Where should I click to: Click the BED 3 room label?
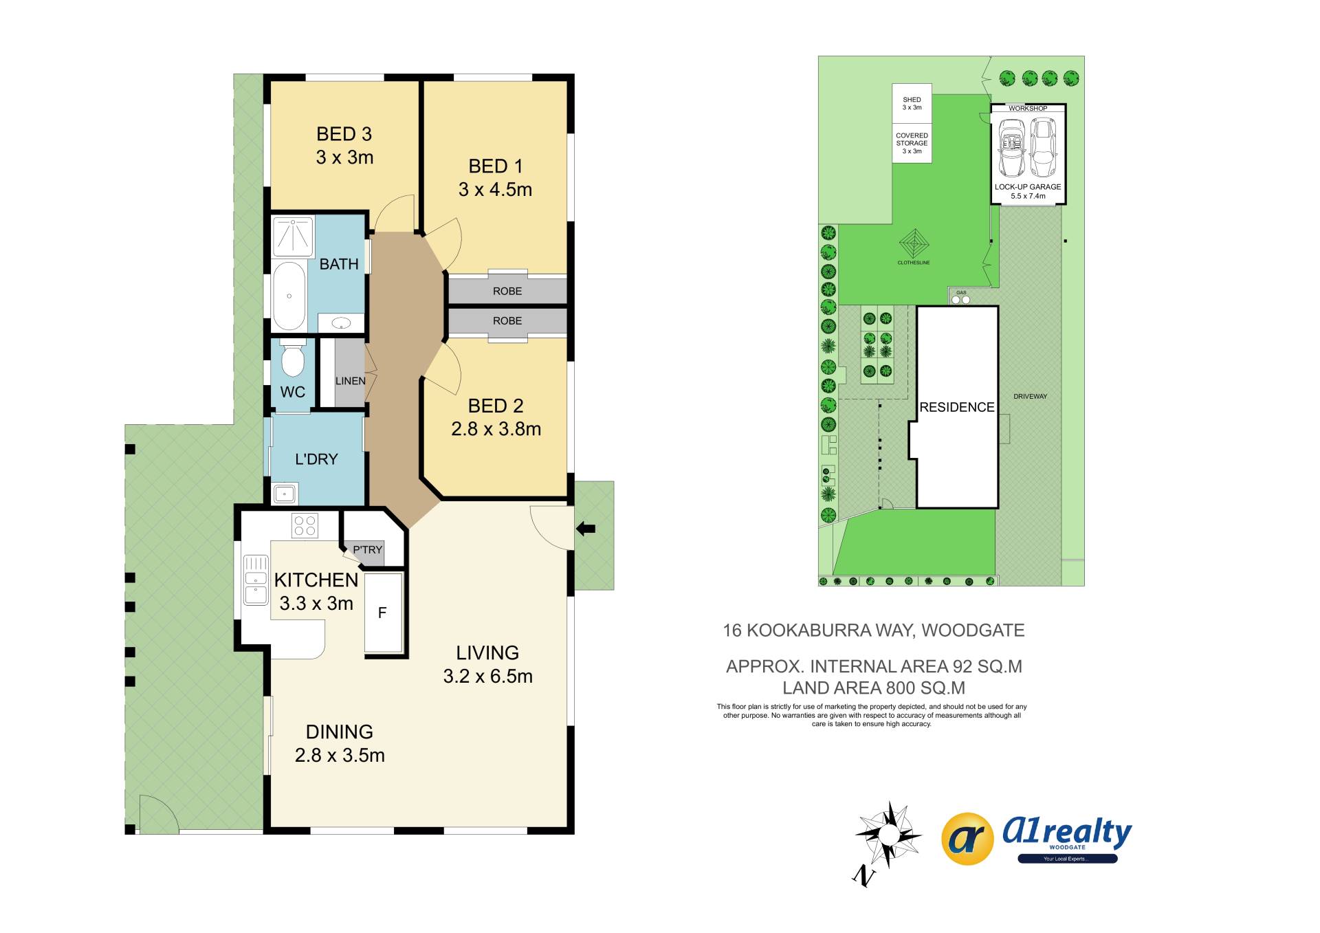[344, 134]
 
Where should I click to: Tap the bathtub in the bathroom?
[289, 296]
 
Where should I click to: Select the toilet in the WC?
[293, 358]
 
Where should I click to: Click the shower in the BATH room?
[294, 236]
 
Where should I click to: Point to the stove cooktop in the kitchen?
[305, 526]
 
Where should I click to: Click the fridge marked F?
[383, 612]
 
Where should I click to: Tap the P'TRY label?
[367, 550]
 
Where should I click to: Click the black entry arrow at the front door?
[586, 529]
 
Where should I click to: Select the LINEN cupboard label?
[350, 381]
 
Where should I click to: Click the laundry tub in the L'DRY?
[285, 493]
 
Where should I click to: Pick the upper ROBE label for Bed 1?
[507, 292]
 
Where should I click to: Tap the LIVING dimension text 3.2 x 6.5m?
[487, 677]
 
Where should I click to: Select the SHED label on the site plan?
[912, 100]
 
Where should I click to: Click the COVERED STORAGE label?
[912, 140]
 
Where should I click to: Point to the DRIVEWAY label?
[1030, 397]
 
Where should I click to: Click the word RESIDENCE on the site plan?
[957, 407]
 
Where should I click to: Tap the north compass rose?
[888, 835]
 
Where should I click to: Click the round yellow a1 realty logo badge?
[967, 839]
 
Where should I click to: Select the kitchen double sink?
[256, 580]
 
